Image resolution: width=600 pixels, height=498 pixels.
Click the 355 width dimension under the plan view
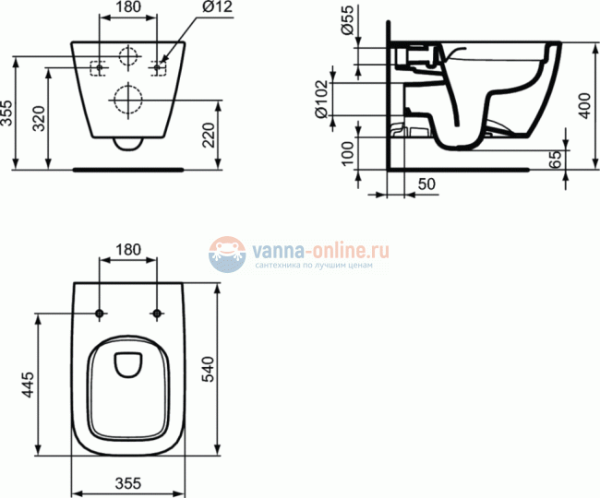(129, 482)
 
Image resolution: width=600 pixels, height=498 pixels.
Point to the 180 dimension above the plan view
(129, 249)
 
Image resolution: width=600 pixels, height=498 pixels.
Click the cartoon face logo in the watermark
(225, 254)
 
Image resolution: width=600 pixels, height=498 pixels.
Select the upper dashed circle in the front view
(128, 55)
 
